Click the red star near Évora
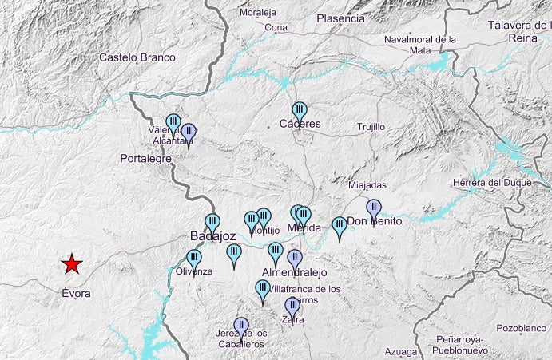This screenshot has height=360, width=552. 72,263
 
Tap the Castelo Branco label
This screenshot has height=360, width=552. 137,57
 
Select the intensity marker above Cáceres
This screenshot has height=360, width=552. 300,110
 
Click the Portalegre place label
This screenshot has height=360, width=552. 146,159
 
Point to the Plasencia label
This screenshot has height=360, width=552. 340,18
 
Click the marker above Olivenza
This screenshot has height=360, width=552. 193,258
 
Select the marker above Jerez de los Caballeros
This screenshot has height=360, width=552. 240,326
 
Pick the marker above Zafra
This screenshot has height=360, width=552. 292,306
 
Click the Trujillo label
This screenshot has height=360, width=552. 371,127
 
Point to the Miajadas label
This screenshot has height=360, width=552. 367,185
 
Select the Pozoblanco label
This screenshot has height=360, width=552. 520,328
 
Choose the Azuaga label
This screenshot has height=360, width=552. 400,351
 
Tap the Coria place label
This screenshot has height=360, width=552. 276,27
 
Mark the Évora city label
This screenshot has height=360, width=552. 76,293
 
